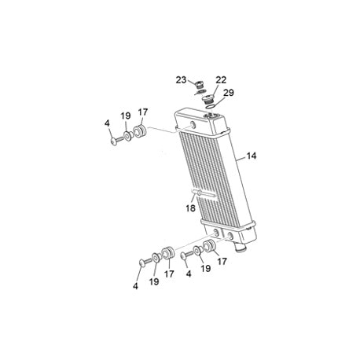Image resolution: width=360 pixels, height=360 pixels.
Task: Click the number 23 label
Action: [x=181, y=79]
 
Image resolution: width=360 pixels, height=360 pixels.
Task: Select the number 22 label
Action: [x=221, y=80]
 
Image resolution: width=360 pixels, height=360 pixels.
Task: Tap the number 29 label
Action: [x=229, y=93]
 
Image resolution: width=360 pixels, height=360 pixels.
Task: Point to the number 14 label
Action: [x=252, y=156]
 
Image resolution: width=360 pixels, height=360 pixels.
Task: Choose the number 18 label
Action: [x=191, y=208]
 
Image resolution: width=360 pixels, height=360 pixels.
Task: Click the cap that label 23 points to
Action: [x=200, y=85]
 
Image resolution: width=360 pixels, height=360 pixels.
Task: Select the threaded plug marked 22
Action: [x=208, y=100]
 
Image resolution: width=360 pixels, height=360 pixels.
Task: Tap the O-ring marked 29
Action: [x=211, y=107]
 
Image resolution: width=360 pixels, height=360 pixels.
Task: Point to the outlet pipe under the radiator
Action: [x=241, y=248]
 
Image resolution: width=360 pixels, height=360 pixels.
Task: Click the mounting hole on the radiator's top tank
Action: [x=193, y=125]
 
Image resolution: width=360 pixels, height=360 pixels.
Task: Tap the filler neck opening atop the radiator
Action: [x=211, y=115]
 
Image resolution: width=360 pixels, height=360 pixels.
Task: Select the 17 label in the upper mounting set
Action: [x=143, y=112]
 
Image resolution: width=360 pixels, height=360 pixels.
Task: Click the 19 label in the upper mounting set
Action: [x=126, y=116]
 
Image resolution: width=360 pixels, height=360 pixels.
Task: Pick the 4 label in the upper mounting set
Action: [x=107, y=123]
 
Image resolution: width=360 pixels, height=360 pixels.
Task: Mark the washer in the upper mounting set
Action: [x=128, y=137]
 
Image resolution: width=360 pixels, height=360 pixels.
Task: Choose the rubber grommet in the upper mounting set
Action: [x=139, y=132]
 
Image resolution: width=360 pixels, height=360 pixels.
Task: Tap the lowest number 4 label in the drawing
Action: [x=135, y=286]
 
